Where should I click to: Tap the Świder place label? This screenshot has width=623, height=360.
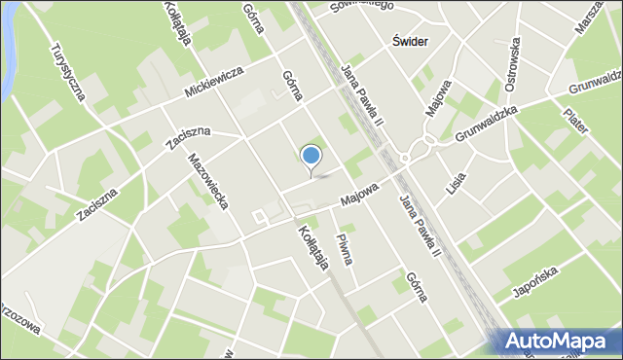pos(410,42)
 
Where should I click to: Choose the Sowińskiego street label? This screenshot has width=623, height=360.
pos(360,7)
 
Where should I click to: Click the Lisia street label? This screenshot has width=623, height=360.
pos(458,183)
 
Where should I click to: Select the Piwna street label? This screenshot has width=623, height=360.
pos(344,247)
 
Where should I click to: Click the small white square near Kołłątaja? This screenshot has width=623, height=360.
pos(259,216)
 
